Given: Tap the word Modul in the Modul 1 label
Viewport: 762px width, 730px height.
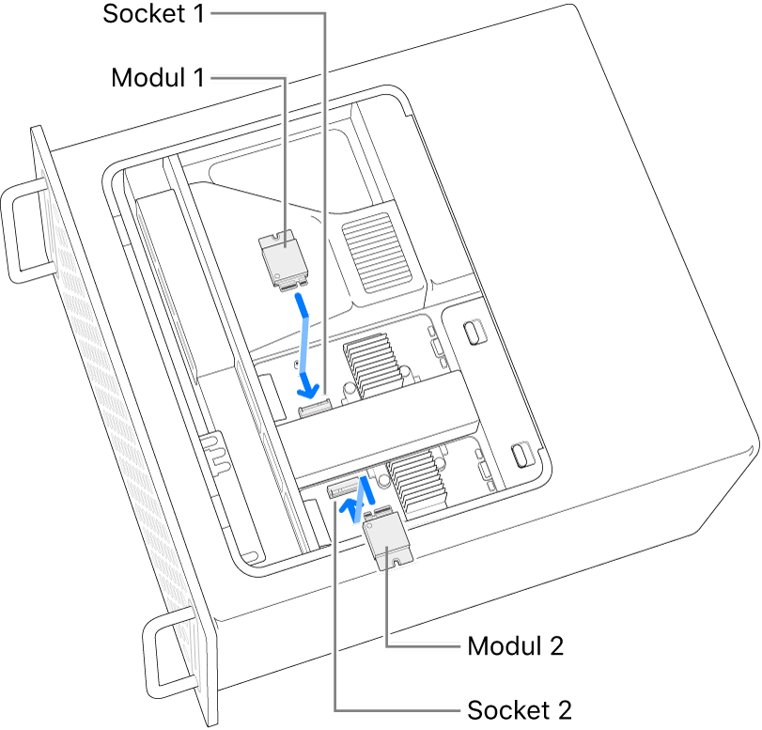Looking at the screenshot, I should point(148,77).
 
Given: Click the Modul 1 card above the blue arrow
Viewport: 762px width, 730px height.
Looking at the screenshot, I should point(284,258).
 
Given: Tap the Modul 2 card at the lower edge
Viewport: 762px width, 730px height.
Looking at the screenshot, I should point(385,543).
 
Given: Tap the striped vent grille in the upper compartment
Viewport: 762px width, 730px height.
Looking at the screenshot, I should point(381,250).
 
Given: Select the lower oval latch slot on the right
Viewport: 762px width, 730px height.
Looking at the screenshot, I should point(518,454).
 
